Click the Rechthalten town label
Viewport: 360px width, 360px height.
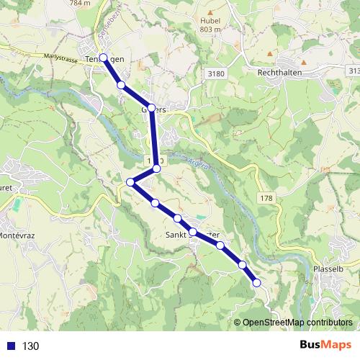pos(284,73)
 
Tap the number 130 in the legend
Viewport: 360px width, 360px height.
pos(31,346)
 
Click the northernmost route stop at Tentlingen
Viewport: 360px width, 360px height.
pos(104,58)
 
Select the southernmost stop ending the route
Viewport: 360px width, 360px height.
pos(256,284)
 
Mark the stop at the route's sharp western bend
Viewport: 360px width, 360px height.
pos(130,182)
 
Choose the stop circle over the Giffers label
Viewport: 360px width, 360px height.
pos(151,108)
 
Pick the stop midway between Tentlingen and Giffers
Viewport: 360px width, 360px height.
pos(121,85)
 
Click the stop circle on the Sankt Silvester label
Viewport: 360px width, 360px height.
pos(193,232)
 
